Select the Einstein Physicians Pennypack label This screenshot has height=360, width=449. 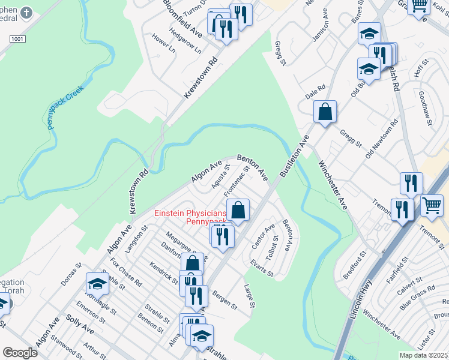(x=190, y=217)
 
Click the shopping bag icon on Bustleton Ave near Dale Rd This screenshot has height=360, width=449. (x=325, y=112)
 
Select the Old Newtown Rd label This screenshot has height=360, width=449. (x=382, y=138)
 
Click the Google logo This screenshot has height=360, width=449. (x=20, y=353)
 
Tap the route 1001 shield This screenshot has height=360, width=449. (x=17, y=38)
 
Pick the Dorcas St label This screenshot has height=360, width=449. (x=71, y=272)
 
